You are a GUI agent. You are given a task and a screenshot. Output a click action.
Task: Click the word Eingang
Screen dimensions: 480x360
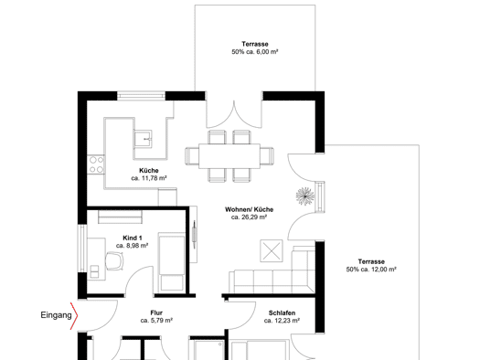pos(56,315)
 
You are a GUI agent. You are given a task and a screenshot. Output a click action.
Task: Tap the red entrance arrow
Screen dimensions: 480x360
pos(74,316)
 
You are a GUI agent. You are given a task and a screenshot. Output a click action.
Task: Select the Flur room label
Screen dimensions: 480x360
pos(156,312)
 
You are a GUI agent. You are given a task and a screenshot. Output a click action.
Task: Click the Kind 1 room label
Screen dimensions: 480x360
pos(133,238)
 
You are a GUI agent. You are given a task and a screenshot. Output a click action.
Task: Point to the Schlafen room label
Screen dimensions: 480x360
pos(282,312)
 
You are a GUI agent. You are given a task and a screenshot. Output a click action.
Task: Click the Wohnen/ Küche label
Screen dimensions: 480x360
pos(250,209)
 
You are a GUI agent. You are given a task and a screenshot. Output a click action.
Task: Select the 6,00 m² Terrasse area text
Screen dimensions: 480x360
pos(255,52)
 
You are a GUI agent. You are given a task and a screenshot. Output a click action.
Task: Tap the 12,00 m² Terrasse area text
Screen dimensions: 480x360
pos(371,270)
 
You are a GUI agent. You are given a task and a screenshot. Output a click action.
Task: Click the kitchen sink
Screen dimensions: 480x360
pos(143,139)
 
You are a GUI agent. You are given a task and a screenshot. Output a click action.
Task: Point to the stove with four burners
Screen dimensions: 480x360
pos(96,164)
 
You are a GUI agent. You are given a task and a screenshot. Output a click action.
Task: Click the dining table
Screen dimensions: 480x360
pos(229,156)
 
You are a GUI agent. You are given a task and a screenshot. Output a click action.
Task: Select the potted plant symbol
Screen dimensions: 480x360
pos(305,196)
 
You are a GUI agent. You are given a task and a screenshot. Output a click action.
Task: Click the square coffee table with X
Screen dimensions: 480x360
pos(272,250)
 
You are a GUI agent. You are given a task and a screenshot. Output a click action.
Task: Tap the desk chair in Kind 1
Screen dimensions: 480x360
pos(115,261)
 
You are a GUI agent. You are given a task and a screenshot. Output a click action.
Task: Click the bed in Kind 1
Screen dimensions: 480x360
pos(172,262)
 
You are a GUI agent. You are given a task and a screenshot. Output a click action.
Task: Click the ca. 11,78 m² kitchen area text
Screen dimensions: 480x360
pos(149,178)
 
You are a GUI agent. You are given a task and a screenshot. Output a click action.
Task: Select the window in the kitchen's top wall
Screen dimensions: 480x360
pos(141,96)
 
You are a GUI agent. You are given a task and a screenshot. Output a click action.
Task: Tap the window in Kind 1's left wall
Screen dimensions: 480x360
pos(82,249)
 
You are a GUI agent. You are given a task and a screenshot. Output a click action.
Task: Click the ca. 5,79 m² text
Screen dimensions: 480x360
pos(156,321)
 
